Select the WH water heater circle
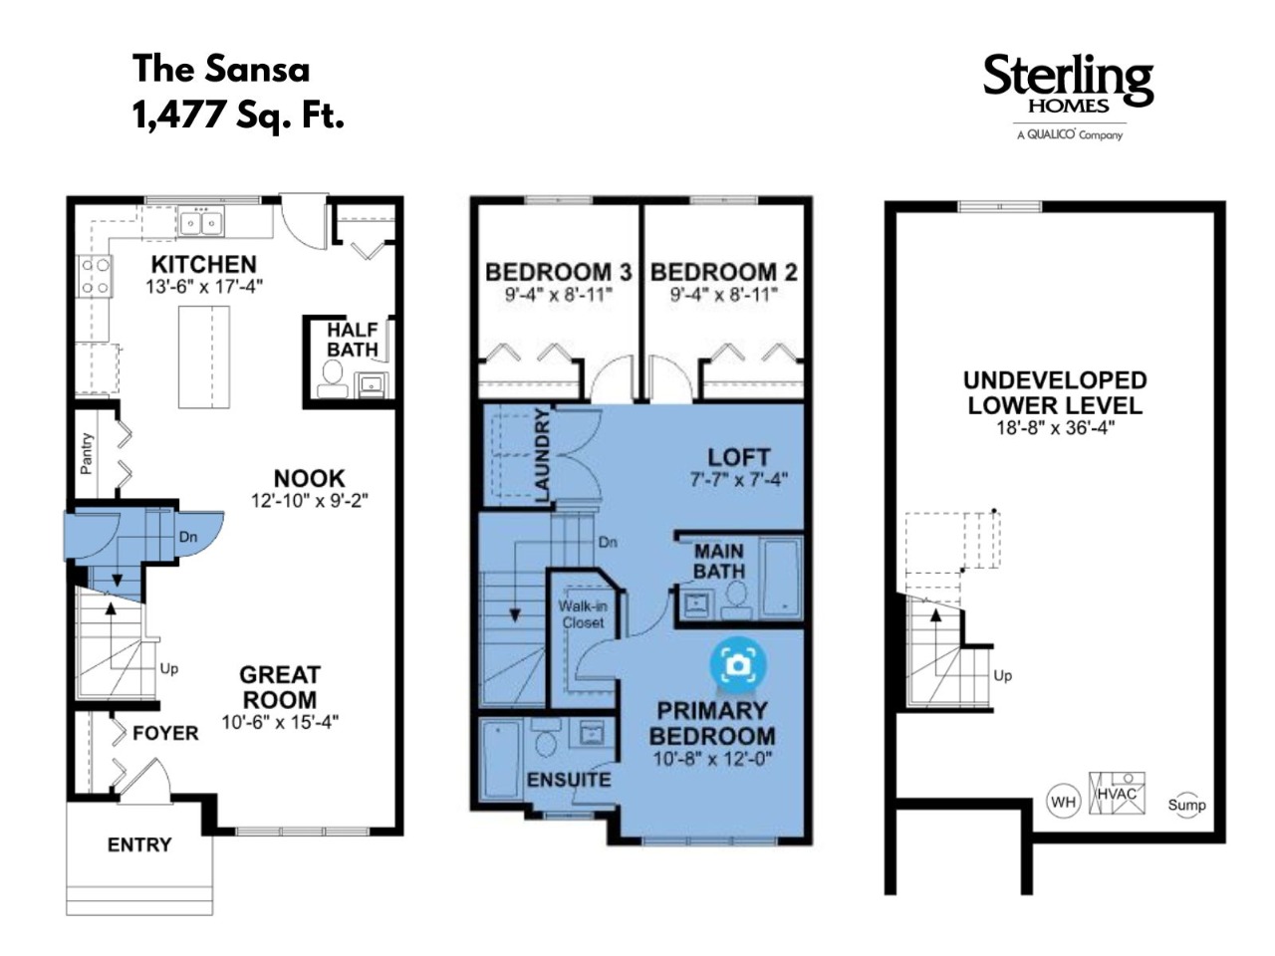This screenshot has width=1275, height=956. pyautogui.click(x=1063, y=802)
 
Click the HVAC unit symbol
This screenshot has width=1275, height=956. pyautogui.click(x=1117, y=793)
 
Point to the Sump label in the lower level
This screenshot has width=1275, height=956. pyautogui.click(x=1186, y=805)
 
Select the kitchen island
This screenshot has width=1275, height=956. pyautogui.click(x=203, y=357)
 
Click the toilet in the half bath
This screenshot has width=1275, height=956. pyautogui.click(x=333, y=379)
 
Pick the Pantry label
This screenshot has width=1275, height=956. pyautogui.click(x=86, y=453)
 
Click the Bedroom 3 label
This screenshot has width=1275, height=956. pyautogui.click(x=558, y=272)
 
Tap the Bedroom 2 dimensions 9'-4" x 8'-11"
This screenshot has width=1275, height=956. pyautogui.click(x=723, y=295)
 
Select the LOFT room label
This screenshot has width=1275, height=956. pyautogui.click(x=738, y=457)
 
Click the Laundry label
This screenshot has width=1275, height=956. pyautogui.click(x=541, y=455)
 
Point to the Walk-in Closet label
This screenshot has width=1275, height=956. pyautogui.click(x=583, y=614)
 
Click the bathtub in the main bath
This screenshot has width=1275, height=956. pyautogui.click(x=782, y=578)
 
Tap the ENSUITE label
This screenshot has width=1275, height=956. pyautogui.click(x=569, y=779)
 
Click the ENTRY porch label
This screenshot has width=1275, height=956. pyautogui.click(x=139, y=844)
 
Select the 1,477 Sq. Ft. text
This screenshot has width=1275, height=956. pyautogui.click(x=238, y=115)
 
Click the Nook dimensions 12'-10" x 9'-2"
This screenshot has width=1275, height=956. pyautogui.click(x=309, y=500)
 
